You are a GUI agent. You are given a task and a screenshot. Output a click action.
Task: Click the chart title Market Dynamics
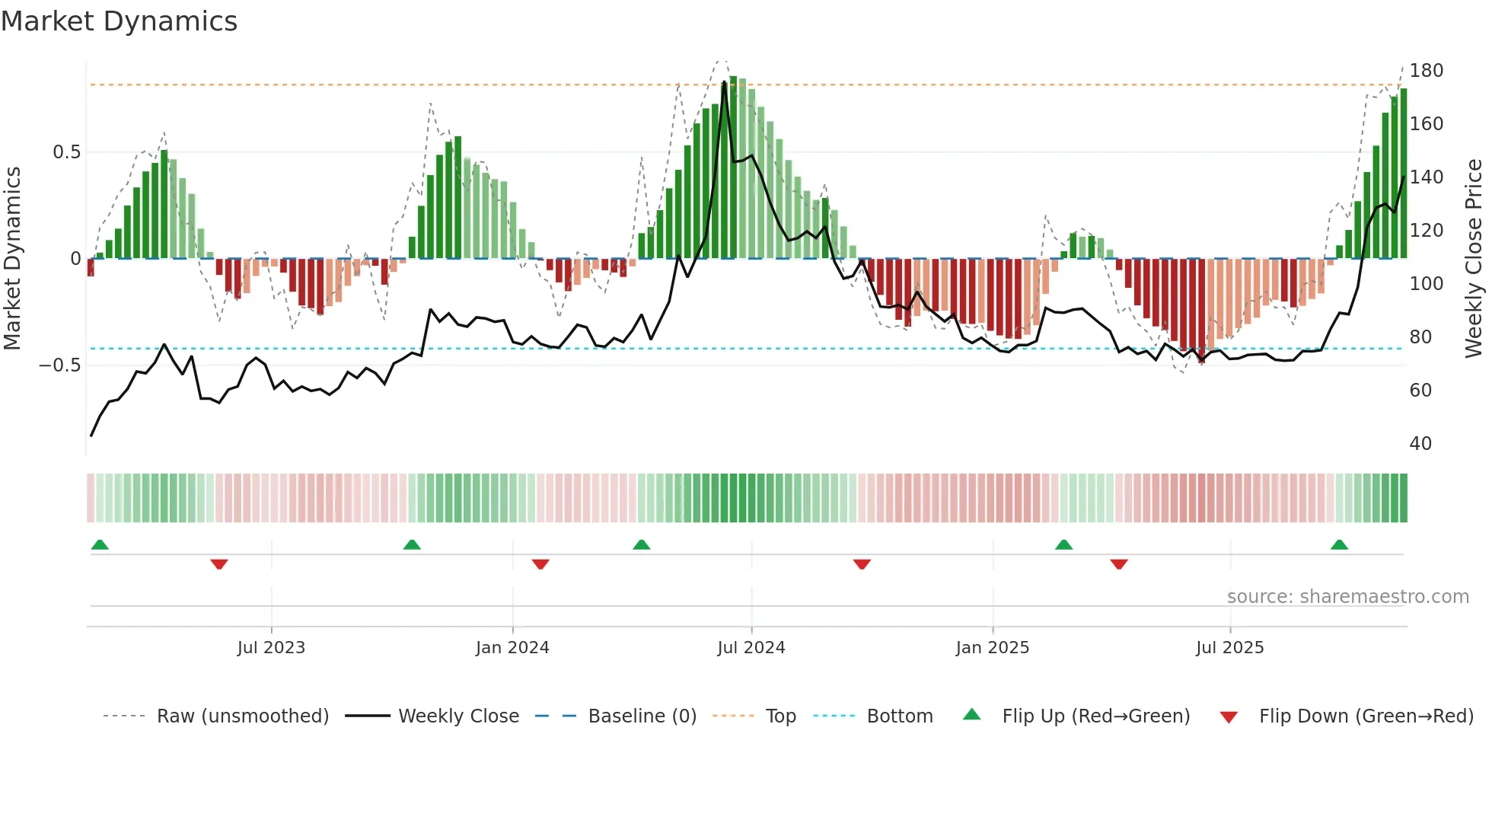tap(119, 21)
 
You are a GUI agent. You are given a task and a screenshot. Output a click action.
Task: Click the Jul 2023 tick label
tap(271, 648)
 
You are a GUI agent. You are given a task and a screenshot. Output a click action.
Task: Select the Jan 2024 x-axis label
tap(512, 648)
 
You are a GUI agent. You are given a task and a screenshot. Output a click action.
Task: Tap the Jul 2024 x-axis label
tap(751, 648)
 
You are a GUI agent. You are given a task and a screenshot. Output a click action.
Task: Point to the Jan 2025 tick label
tap(992, 648)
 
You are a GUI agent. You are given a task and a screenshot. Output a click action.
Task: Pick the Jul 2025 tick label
tap(1229, 648)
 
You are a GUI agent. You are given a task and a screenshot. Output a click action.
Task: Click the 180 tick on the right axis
tap(1426, 71)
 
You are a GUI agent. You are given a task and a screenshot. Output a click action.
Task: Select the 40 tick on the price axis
tap(1420, 444)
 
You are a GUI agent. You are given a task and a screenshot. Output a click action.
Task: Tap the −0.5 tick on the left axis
tap(60, 365)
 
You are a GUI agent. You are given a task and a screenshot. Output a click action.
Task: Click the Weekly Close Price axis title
tap(1474, 259)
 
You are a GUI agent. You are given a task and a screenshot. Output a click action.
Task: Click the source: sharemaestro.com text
tap(1347, 597)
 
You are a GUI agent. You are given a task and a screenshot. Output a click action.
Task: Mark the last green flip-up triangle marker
tap(1339, 545)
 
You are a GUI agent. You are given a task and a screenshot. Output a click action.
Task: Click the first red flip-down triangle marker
tap(219, 564)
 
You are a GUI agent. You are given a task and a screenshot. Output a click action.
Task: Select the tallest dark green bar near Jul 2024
tap(733, 167)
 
